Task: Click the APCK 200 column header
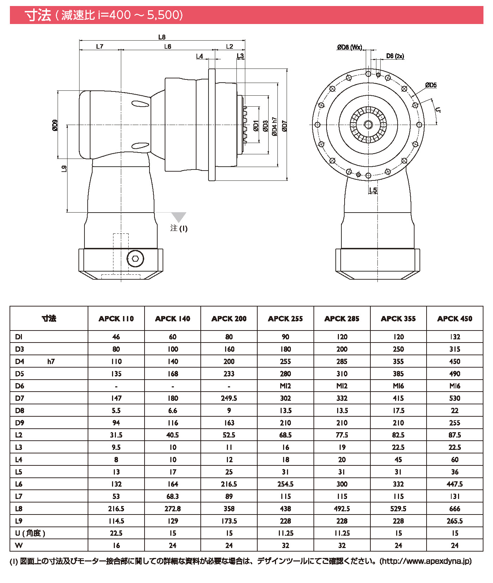click(x=229, y=319)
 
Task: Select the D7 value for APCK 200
click(x=229, y=398)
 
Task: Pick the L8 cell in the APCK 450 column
click(x=455, y=509)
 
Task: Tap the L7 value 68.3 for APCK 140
click(x=173, y=496)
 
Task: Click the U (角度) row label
click(x=30, y=533)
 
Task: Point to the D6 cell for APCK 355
click(x=398, y=386)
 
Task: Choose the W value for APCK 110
click(x=116, y=546)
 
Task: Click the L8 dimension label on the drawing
click(x=162, y=37)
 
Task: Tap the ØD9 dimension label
click(x=55, y=126)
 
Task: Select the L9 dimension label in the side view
click(x=64, y=169)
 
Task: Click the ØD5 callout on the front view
click(x=431, y=85)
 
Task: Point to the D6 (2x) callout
click(x=395, y=56)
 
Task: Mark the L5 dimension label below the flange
click(x=373, y=190)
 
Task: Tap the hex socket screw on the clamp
click(x=135, y=259)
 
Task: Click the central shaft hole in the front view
click(x=368, y=125)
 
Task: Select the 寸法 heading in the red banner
click(x=38, y=15)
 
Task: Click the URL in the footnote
click(x=425, y=561)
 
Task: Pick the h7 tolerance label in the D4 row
click(x=51, y=362)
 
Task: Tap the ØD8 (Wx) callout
click(x=350, y=47)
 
